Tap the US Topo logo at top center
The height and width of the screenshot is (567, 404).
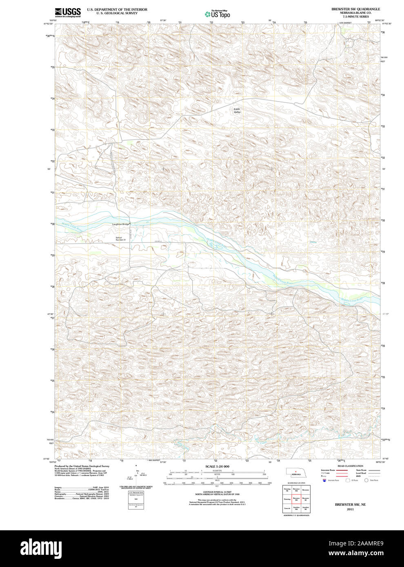pos(217,14)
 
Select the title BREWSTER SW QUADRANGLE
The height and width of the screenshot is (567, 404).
pos(355,9)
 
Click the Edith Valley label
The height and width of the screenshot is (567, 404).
pos(237,111)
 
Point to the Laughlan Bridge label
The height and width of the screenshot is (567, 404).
pos(121,224)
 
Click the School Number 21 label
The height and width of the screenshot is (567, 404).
pos(121,239)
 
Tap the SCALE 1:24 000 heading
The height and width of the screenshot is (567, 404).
pos(217,466)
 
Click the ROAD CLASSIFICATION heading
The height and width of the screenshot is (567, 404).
pos(350,466)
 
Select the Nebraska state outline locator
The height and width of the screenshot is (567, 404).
pos(296,472)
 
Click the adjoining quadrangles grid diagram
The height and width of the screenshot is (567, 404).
pos(296,498)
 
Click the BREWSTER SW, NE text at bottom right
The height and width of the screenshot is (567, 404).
pos(350,505)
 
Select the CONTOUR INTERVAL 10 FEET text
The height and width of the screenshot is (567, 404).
pos(217,492)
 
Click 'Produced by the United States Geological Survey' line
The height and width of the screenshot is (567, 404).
pos(82,466)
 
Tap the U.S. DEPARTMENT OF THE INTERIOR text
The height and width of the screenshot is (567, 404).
pos(117,9)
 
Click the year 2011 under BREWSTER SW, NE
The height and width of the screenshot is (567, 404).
pos(350,509)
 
